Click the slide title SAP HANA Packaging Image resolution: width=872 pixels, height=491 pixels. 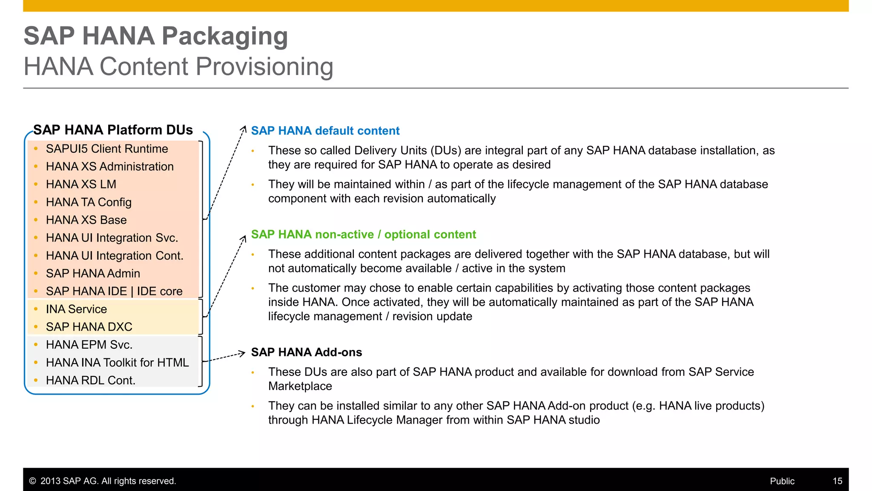(155, 36)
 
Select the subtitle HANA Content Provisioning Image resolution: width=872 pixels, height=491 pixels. (178, 67)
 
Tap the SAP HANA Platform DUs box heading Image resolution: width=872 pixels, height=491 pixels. (113, 130)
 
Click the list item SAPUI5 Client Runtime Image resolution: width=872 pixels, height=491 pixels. (106, 149)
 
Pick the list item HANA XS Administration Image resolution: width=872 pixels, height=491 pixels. (109, 167)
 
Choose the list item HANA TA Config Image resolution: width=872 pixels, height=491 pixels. (89, 202)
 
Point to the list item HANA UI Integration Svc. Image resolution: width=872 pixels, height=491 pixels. (112, 238)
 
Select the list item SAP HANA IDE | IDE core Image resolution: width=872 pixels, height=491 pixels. (114, 291)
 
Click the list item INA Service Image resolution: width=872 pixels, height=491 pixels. (76, 309)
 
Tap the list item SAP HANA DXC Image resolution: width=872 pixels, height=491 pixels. (89, 327)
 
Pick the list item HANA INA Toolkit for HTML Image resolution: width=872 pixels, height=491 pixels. (117, 362)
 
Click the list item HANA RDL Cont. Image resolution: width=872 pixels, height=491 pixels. (90, 380)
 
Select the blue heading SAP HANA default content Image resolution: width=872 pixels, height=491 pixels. (325, 131)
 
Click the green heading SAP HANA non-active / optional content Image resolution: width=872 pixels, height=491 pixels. (363, 234)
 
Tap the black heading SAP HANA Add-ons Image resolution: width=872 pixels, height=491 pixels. (306, 352)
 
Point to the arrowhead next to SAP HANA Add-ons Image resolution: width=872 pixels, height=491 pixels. (242, 353)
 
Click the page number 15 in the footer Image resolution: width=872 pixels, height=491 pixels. (837, 481)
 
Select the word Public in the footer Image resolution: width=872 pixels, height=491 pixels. (782, 481)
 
